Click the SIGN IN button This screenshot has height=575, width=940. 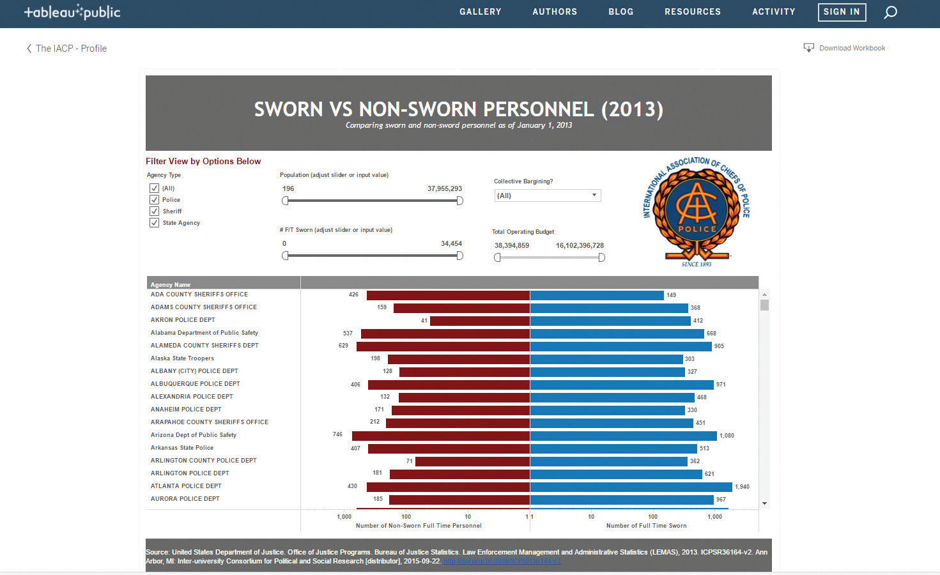point(842,12)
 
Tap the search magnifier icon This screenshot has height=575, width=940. point(890,12)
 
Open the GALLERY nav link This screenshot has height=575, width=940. point(480,12)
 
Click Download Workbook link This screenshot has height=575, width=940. point(845,48)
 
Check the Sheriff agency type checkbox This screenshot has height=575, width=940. point(154,211)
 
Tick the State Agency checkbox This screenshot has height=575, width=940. point(154,223)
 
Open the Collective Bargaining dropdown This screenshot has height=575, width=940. point(548,195)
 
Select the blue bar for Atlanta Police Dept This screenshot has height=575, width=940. point(631,487)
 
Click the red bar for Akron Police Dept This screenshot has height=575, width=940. point(479,321)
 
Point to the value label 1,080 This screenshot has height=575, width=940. point(727,436)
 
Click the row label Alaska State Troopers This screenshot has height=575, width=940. point(182,358)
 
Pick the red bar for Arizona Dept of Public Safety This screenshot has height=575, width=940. point(441,436)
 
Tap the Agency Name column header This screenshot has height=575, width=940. point(171,284)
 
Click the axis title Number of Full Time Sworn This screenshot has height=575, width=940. point(646,526)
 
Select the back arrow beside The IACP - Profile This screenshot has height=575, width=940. point(29,49)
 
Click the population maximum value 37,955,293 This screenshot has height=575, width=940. point(444,188)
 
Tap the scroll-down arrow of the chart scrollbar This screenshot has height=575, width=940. point(764,503)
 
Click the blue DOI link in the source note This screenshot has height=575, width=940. point(502,562)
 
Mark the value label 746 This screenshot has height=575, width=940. point(337,434)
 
